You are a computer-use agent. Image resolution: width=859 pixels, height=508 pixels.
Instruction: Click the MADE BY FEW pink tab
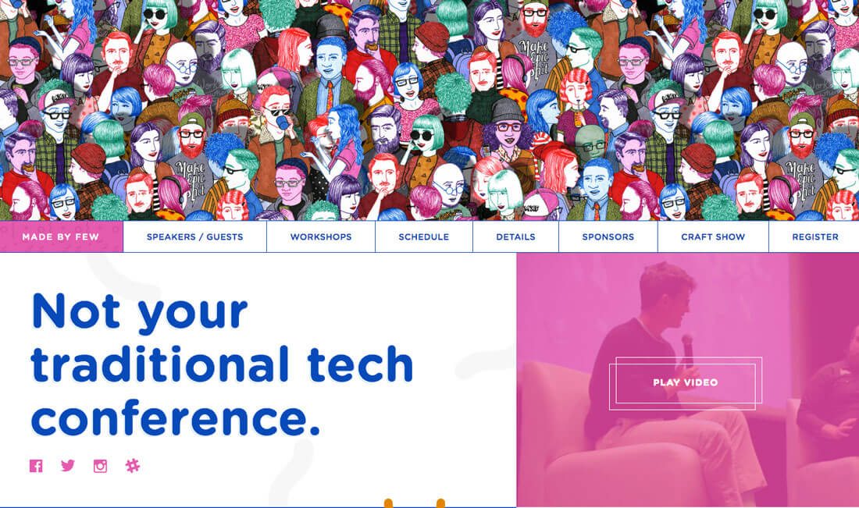(61, 236)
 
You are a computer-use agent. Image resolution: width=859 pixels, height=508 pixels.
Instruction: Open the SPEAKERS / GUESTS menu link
(194, 237)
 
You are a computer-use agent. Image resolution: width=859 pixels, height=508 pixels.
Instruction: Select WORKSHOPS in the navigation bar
(321, 237)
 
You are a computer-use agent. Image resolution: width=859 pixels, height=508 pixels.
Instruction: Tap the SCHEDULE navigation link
(423, 237)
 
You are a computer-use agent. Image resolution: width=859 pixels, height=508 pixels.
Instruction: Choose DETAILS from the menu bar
(515, 237)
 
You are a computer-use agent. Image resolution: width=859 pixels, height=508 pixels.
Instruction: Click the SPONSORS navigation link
(608, 237)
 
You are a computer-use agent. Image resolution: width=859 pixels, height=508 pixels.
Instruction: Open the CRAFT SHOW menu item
(713, 237)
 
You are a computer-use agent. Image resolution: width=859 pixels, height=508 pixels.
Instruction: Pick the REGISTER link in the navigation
(815, 237)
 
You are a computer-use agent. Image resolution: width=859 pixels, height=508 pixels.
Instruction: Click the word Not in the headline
(77, 311)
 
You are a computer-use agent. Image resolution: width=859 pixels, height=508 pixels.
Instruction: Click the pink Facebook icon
(36, 466)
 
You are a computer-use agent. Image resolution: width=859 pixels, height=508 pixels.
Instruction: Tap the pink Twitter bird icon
(68, 466)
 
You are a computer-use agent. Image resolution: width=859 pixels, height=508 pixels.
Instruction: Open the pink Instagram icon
(100, 466)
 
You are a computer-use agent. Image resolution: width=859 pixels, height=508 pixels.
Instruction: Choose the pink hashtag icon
(133, 466)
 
